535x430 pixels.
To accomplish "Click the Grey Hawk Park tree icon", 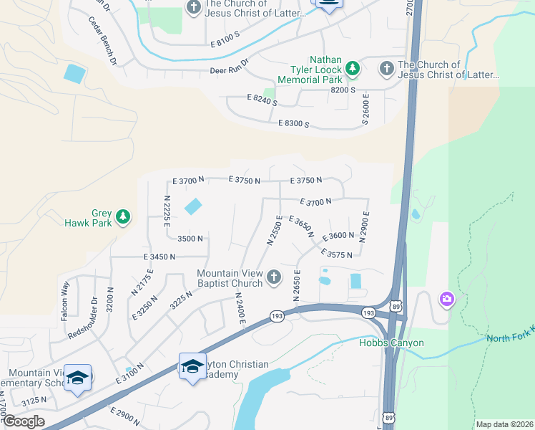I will pos(123,216).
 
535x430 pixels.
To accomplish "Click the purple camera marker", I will pos(447,299).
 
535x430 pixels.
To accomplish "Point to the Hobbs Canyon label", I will pos(391,343).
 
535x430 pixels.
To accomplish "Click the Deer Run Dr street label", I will pos(228,70).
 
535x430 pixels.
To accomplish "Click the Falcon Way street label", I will pos(64,300).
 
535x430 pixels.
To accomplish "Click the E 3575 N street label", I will pos(338,254).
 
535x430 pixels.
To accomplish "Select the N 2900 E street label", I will pos(365,227).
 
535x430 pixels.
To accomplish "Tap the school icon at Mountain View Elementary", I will pos(77,378).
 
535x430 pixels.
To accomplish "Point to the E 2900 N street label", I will pos(126,415).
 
